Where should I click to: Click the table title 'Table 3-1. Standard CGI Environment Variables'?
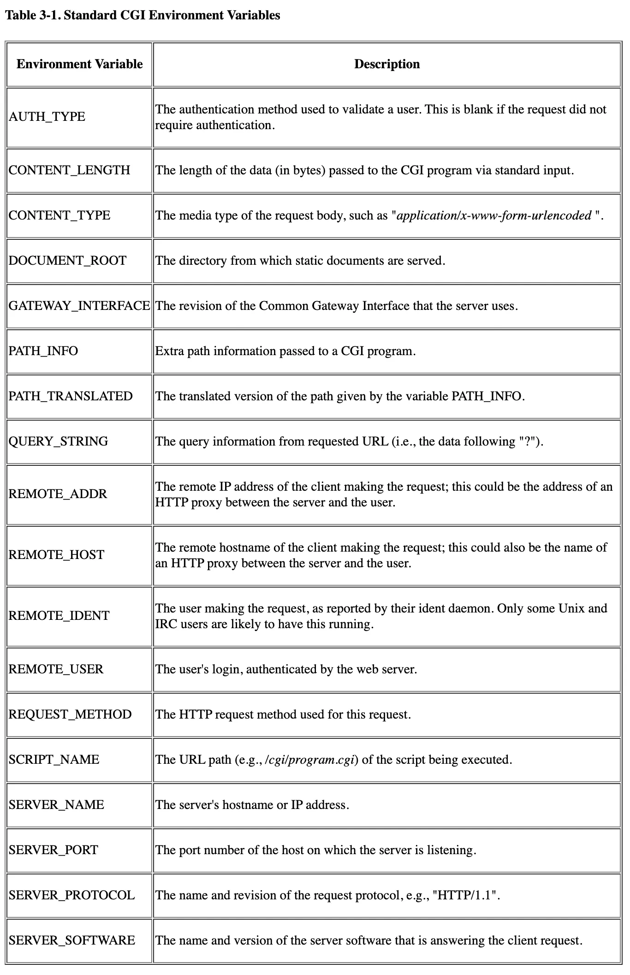click(143, 15)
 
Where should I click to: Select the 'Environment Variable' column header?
click(79, 64)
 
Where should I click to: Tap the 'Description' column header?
click(386, 64)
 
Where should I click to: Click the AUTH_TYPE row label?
click(47, 117)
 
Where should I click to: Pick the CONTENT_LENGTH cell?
click(70, 170)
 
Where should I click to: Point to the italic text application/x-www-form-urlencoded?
click(494, 215)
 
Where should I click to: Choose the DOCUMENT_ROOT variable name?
click(67, 261)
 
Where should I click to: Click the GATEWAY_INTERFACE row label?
click(79, 306)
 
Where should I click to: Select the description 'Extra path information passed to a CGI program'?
click(285, 351)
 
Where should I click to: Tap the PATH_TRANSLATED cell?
click(71, 396)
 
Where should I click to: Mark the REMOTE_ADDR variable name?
click(58, 494)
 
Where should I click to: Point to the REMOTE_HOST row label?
click(56, 555)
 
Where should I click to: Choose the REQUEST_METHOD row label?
click(70, 714)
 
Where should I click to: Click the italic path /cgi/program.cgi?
click(311, 760)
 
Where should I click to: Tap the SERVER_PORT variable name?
click(53, 850)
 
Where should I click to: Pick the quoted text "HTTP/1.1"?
click(467, 895)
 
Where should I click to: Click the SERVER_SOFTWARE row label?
click(72, 940)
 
